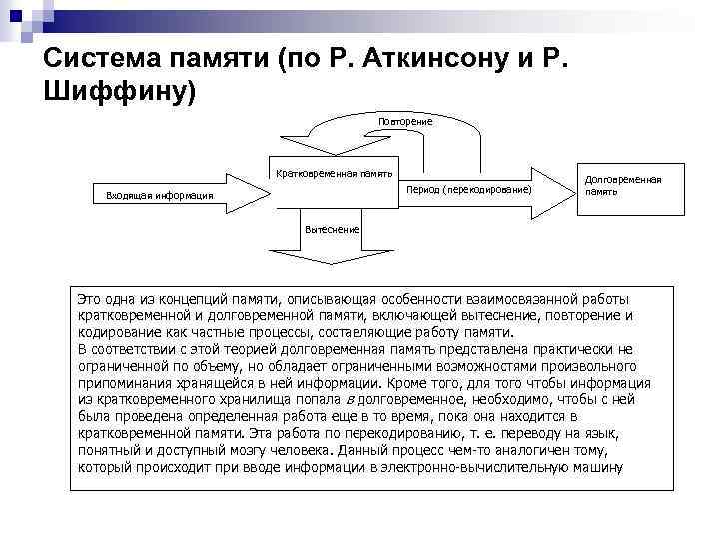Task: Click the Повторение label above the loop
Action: pos(404,122)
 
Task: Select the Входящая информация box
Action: pos(160,195)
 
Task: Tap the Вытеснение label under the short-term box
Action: pos(332,228)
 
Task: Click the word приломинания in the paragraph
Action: pos(127,382)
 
